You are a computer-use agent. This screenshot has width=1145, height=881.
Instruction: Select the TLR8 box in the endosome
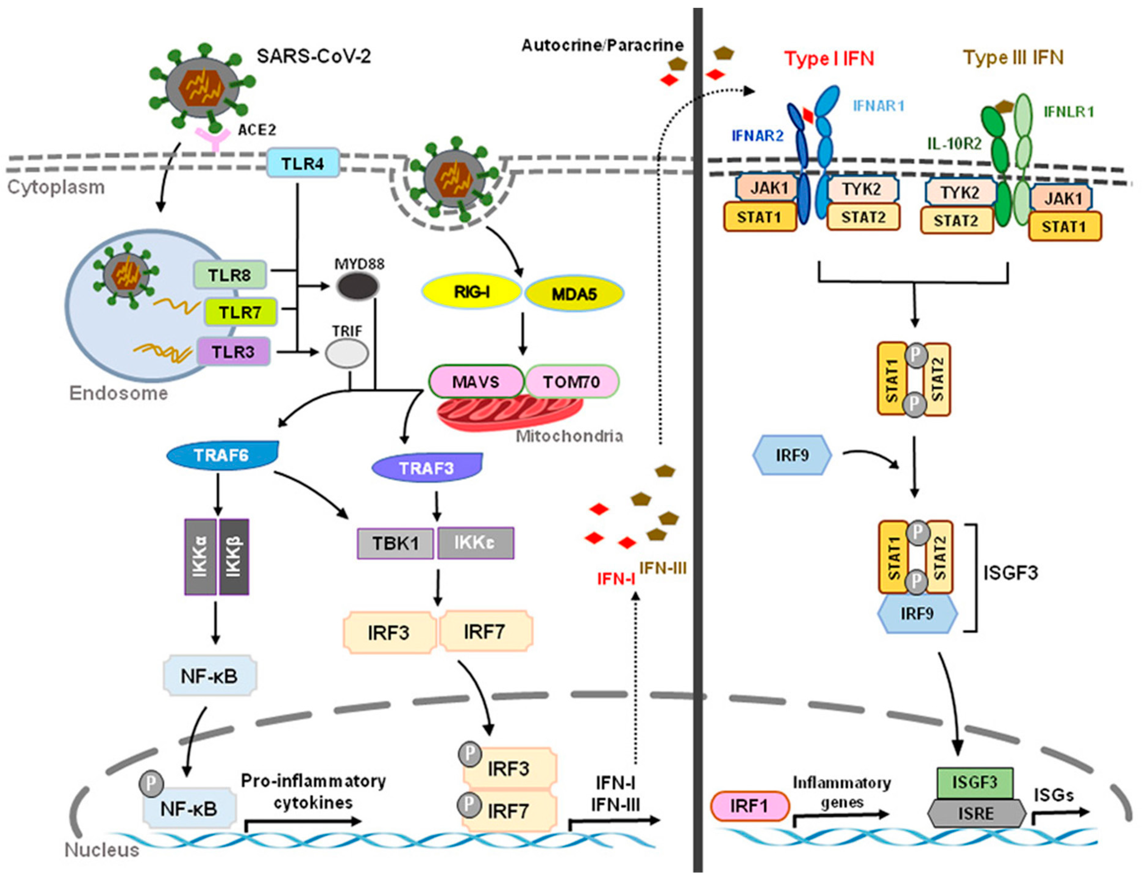230,275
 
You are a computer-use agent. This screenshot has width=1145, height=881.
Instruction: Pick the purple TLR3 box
233,351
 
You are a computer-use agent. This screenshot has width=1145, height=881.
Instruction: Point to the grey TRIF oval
346,354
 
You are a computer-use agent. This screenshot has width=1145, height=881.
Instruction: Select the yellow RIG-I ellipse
472,292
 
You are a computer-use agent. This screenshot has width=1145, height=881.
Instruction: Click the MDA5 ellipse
574,294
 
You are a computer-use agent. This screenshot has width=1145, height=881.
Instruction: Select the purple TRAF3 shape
427,467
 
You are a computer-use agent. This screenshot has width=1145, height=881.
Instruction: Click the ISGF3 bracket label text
1010,572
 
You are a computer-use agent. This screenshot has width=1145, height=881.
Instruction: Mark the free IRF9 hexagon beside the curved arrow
792,454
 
